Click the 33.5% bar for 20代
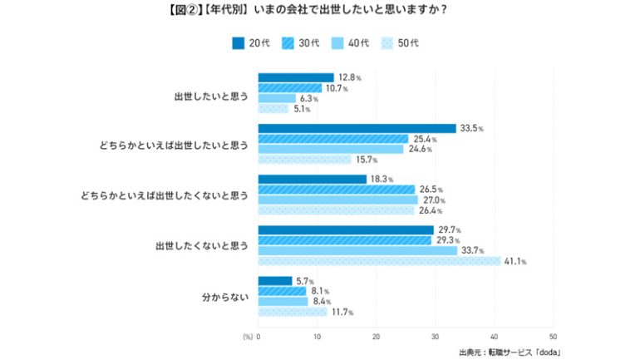[357, 128]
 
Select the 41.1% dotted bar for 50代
[380, 261]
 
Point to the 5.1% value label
[303, 108]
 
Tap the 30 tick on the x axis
[436, 337]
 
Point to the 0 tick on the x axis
[258, 337]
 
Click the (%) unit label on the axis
[247, 337]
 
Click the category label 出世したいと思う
[211, 93]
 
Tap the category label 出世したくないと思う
[201, 246]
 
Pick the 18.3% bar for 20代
[313, 179]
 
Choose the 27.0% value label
[436, 200]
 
